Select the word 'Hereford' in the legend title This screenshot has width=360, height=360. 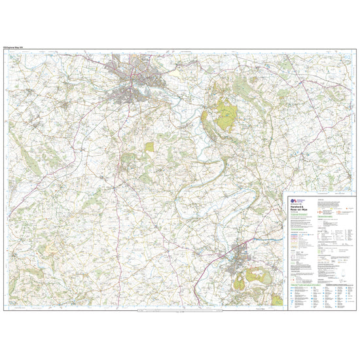[x=293, y=208]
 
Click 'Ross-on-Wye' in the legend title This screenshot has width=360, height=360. [x=295, y=212]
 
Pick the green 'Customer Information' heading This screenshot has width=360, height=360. [x=297, y=221]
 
